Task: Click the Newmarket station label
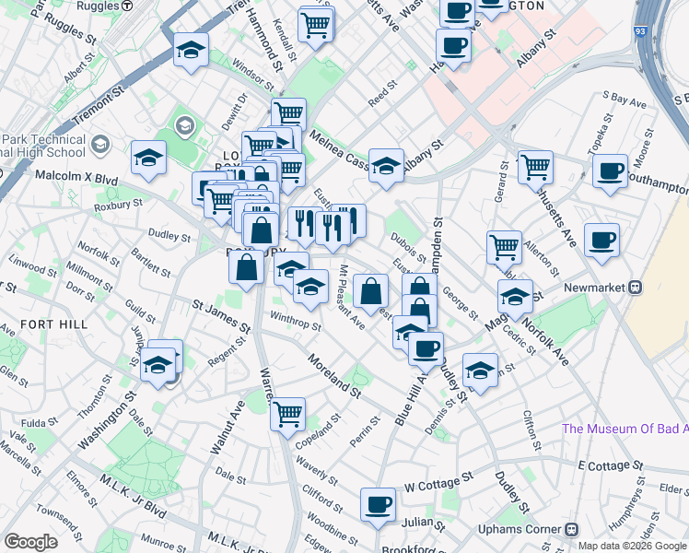point(590,286)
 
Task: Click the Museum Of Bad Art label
point(625,429)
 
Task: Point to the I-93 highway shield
point(639,31)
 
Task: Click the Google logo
point(31,542)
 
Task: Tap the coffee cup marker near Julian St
point(378,505)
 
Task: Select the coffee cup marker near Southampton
point(610,171)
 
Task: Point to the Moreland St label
point(333,375)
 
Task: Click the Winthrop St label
point(295,322)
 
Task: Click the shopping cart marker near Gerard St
point(535,167)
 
